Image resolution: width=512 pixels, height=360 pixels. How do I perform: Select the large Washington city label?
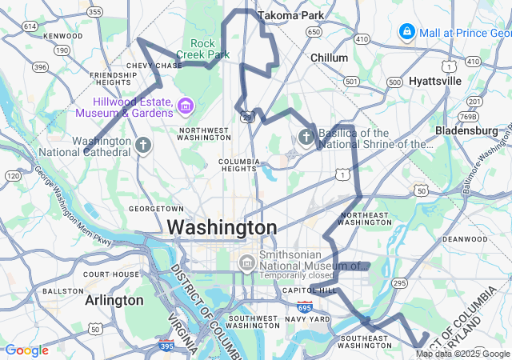(222, 227)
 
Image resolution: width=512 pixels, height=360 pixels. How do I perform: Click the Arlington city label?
(114, 300)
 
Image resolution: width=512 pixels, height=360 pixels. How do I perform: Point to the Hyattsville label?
(435, 81)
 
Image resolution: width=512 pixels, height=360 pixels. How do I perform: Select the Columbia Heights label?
(239, 165)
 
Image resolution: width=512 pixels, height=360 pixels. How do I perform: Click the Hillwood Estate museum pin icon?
(186, 106)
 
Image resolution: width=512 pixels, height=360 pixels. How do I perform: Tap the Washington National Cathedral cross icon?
(143, 146)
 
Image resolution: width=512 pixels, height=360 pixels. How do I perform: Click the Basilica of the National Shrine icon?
(306, 138)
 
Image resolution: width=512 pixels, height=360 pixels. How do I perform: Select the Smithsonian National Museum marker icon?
(246, 263)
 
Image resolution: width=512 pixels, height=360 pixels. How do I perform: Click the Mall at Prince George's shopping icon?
(407, 32)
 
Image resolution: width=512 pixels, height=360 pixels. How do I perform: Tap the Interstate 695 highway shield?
(305, 306)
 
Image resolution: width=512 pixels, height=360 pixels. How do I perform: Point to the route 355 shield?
(95, 11)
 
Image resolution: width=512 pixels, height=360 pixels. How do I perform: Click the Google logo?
(26, 350)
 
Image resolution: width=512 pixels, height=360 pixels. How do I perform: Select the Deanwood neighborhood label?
(465, 238)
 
